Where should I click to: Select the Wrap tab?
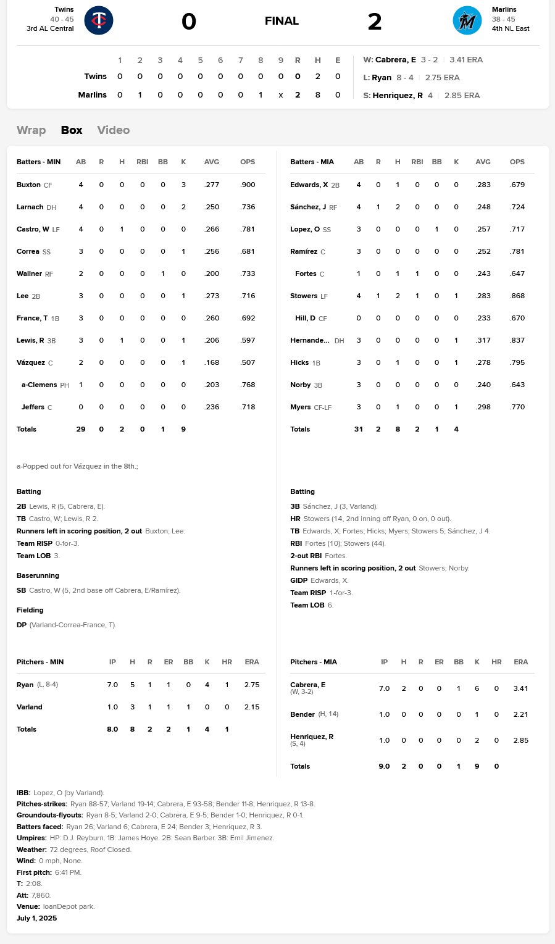[x=31, y=130]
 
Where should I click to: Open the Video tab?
[x=114, y=130]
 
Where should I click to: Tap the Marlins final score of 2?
[x=375, y=22]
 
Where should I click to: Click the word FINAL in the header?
[x=282, y=21]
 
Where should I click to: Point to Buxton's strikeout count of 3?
[x=183, y=185]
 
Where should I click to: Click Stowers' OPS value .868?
[x=517, y=296]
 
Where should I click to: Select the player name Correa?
[x=28, y=251]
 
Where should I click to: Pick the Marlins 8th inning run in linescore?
[x=261, y=95]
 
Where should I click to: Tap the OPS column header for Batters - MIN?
[x=248, y=162]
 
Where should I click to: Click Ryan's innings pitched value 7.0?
[x=112, y=685]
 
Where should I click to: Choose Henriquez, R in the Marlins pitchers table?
[x=312, y=737]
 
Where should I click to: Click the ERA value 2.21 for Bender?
[x=520, y=714]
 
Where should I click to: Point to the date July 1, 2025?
[x=37, y=918]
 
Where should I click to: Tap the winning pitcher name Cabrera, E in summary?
[x=395, y=60]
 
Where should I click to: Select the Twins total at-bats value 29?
[x=81, y=429]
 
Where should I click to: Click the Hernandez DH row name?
[x=310, y=340]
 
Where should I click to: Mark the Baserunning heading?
[x=38, y=575]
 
